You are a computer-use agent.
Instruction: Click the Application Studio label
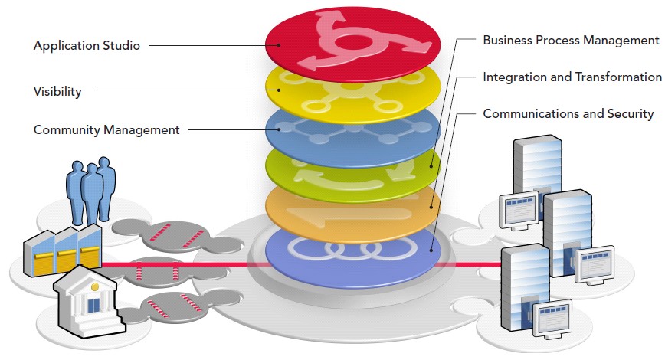click(x=87, y=46)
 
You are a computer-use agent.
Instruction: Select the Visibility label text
click(x=57, y=91)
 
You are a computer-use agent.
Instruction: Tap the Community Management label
click(x=106, y=129)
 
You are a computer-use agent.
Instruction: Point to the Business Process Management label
click(x=570, y=40)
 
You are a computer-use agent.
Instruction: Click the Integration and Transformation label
click(x=572, y=77)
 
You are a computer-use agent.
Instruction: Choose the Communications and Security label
click(x=568, y=113)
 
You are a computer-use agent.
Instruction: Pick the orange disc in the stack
click(x=352, y=211)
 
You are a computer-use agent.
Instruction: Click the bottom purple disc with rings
click(x=352, y=253)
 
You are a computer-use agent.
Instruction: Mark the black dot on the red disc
click(x=280, y=45)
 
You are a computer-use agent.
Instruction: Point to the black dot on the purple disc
click(x=432, y=248)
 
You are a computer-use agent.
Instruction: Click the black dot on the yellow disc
click(x=279, y=90)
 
